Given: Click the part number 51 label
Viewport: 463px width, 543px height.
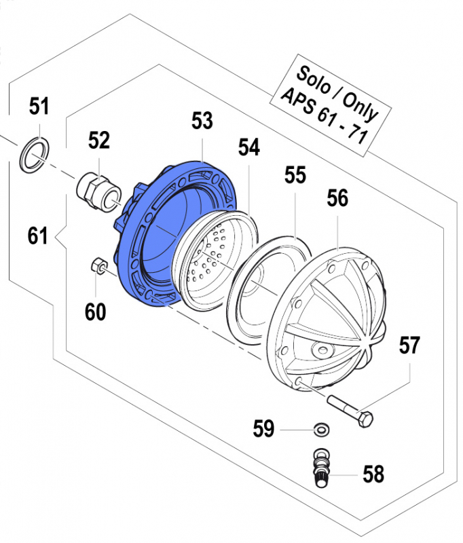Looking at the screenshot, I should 39,107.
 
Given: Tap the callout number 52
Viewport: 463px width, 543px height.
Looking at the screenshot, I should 99,141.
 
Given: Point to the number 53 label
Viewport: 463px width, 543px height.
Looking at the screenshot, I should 202,121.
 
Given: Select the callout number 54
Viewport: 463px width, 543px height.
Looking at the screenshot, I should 248,147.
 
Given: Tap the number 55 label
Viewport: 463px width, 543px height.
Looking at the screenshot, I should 295,176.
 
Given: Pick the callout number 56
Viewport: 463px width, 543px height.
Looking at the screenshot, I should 337,199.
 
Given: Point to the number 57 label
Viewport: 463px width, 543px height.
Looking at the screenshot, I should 409,346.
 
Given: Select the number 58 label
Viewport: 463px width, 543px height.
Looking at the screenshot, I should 373,474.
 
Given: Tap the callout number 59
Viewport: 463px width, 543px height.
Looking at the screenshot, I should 264,429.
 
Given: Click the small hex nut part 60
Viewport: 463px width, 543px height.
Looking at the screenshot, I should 96,265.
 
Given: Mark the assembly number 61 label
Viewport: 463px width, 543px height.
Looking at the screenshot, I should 38,236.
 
